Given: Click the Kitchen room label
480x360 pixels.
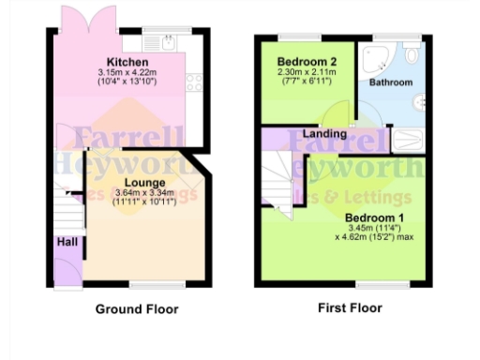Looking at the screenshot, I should pos(128,61).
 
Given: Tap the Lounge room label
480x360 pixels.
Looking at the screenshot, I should pos(144,182).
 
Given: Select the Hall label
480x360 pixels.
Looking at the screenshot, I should pos(67,241).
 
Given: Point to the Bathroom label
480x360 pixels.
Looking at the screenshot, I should pos(390,82).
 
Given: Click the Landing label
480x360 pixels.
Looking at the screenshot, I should pos(326,134).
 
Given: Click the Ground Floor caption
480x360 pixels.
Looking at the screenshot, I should pos(137,308).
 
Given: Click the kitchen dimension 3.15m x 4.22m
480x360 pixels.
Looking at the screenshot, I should pos(128,73).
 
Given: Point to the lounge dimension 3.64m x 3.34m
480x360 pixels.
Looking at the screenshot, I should pos(144,194).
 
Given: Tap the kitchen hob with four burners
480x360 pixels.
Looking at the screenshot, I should pos(196,82).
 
